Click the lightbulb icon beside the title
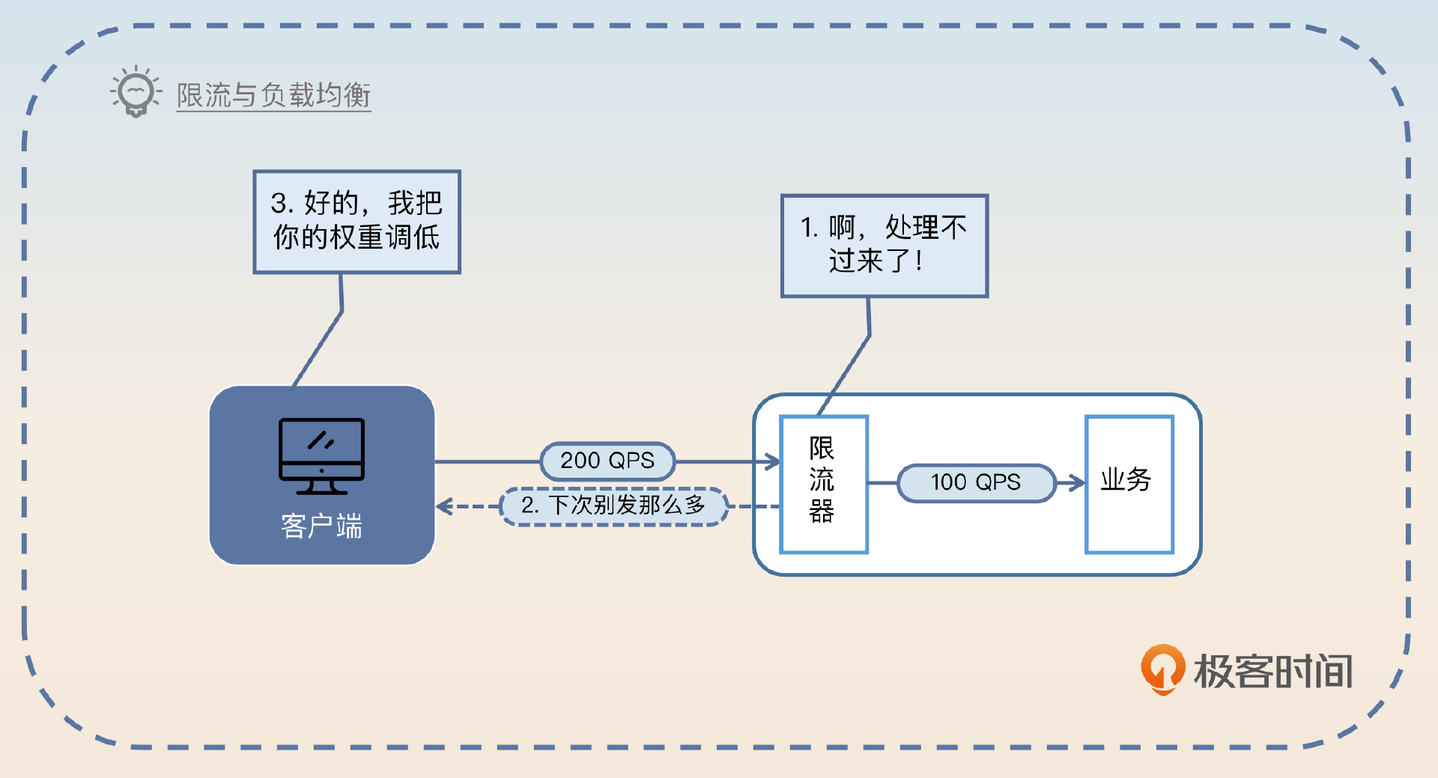[136, 91]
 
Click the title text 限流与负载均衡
[273, 95]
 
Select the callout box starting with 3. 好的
[357, 222]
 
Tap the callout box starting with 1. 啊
[885, 246]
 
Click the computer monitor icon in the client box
[321, 455]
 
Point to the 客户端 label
[321, 526]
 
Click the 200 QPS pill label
[607, 461]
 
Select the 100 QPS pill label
[976, 482]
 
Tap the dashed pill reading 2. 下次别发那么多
[613, 505]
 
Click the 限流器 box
[823, 484]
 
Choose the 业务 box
[1129, 484]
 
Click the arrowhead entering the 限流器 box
[772, 461]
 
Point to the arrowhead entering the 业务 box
[1077, 482]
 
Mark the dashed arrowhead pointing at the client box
[444, 507]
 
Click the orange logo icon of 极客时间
[1162, 668]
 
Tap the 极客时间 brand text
[1272, 671]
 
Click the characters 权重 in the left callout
[357, 237]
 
